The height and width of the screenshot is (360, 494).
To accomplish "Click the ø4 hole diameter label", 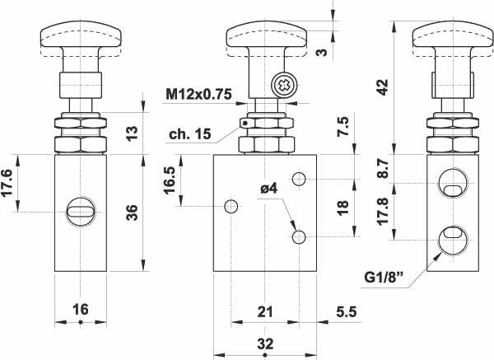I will pos(268,188).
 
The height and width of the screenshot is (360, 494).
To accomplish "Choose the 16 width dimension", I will pos(80,310).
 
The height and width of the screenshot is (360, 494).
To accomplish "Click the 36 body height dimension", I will pos(132,213).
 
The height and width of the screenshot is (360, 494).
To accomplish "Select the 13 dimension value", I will pos(132,133).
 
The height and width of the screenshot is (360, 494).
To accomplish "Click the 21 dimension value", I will pos(264,311).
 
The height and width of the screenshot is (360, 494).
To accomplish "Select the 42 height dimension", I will pos(381,88).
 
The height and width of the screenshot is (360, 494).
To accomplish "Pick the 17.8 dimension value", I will pos(381,213).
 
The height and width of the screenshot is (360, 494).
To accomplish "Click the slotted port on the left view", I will pos(80,213).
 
